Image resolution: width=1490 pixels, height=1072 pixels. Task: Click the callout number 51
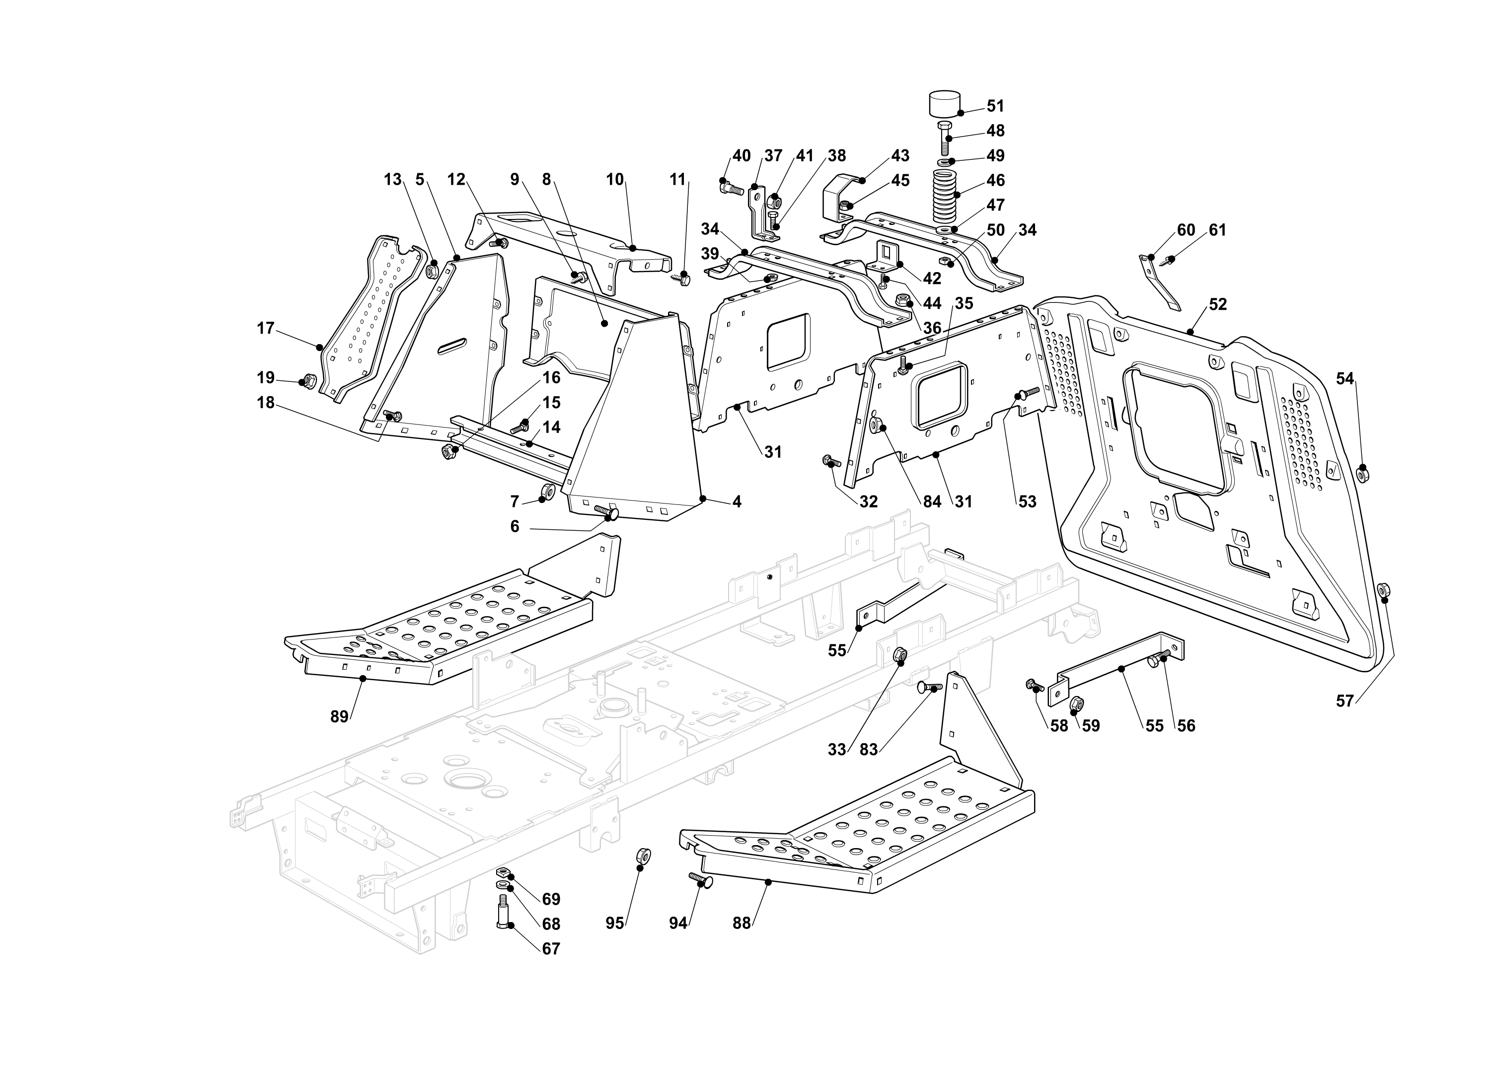click(x=995, y=106)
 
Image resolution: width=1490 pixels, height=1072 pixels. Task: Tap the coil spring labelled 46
click(x=946, y=196)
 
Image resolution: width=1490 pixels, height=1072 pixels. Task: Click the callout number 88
click(x=741, y=923)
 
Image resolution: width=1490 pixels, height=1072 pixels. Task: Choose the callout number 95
click(x=614, y=923)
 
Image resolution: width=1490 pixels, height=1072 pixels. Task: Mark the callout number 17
click(x=265, y=328)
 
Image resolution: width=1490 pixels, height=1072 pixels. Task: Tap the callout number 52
click(x=1217, y=304)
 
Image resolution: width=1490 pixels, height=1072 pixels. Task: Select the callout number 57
click(x=1345, y=701)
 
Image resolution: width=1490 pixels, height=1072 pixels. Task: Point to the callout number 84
click(x=932, y=501)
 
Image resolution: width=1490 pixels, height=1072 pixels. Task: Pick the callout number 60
click(x=1186, y=230)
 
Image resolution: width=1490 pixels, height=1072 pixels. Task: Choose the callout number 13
click(x=392, y=179)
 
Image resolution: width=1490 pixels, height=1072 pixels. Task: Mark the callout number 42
click(x=932, y=279)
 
